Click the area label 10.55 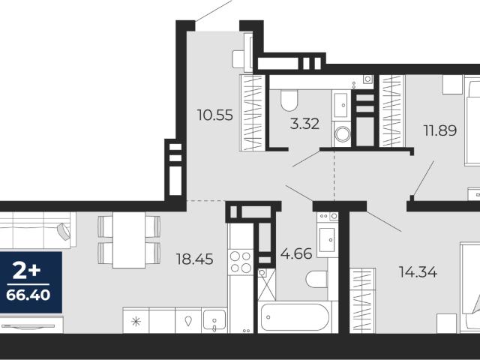[215, 115]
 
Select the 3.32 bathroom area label [304, 124]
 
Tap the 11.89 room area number [440, 130]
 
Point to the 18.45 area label [195, 259]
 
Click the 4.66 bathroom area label [296, 253]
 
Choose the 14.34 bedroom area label [418, 271]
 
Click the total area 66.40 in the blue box [28, 295]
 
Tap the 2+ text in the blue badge [26, 271]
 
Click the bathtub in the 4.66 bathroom [295, 317]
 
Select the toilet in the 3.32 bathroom [289, 100]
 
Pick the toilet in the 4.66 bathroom [316, 279]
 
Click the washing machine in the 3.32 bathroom [343, 134]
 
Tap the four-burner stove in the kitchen [241, 262]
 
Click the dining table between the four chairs [129, 240]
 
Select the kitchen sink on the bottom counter [214, 320]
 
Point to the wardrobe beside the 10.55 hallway [253, 113]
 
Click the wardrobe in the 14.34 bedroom [362, 300]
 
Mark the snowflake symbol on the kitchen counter [136, 322]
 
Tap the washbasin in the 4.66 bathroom [327, 239]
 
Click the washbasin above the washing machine [341, 105]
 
